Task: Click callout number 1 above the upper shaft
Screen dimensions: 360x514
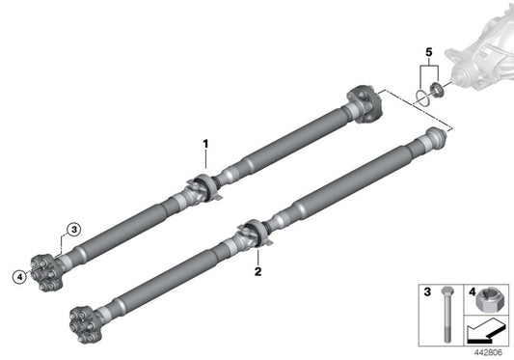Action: point(205,145)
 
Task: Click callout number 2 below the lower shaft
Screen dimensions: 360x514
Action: point(258,272)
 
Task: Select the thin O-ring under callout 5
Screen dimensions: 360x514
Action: point(422,97)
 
